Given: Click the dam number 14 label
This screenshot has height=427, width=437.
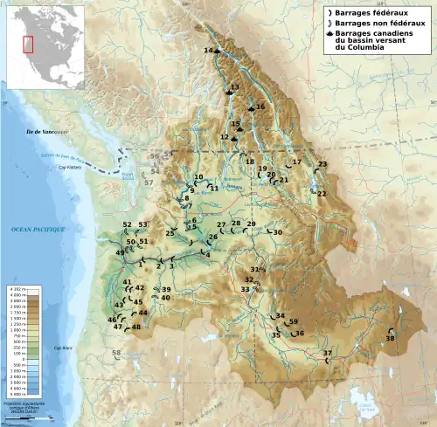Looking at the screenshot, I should [x=208, y=51].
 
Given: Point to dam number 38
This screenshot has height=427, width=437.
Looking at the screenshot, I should [x=390, y=338].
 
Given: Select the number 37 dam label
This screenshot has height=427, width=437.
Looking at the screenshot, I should [x=327, y=354].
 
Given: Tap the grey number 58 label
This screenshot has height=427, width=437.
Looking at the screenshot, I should [x=116, y=353].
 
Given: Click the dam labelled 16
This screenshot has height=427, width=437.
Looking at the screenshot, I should [x=260, y=107].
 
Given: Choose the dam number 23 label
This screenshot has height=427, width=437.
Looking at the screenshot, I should [x=323, y=164].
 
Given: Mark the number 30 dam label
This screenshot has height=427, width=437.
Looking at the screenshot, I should [x=278, y=232].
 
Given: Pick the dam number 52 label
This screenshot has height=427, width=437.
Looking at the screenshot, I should [x=127, y=225].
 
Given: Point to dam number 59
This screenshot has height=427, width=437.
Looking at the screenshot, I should [x=294, y=321].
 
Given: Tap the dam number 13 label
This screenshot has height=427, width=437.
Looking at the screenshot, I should [x=234, y=87].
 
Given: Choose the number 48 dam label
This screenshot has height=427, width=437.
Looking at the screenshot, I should [x=135, y=327].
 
